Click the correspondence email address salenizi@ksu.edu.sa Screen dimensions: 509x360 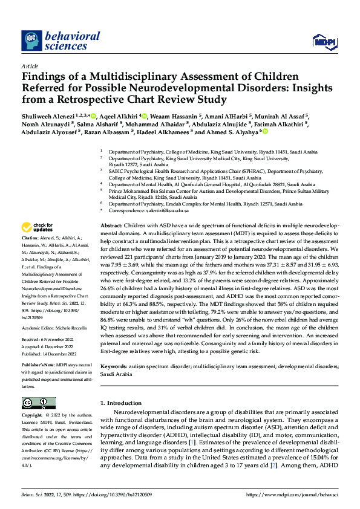pyautogui.click(x=167, y=210)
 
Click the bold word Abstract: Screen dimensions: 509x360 pyautogui.click(x=112, y=225)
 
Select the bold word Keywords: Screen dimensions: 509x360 pyautogui.click(x=114, y=367)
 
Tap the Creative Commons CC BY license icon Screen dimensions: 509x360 pyautogui.click(x=39, y=403)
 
